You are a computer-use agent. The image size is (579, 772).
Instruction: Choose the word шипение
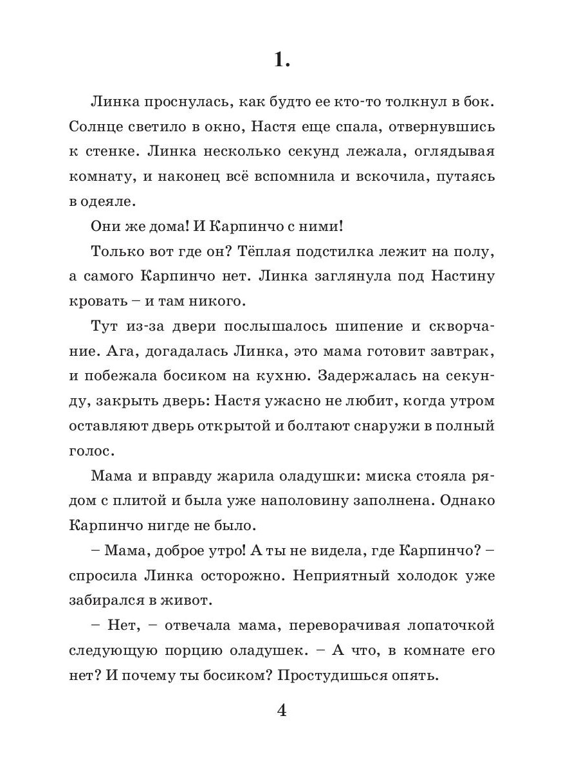tap(364, 326)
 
